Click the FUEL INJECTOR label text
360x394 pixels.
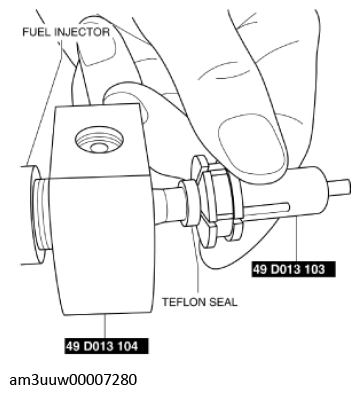(x=66, y=32)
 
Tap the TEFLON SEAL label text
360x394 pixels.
(x=200, y=302)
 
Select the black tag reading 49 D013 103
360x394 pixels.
(x=293, y=269)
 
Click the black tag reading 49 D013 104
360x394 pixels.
(x=107, y=346)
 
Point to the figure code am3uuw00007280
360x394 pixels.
(x=73, y=380)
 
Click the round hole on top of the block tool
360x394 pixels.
(x=99, y=139)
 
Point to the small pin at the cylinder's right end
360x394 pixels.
(x=340, y=187)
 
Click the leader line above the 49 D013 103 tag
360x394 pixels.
(x=296, y=238)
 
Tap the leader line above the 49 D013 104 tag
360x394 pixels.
(x=105, y=327)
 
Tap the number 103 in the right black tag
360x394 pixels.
(x=314, y=269)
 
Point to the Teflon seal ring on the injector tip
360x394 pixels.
(x=190, y=203)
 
